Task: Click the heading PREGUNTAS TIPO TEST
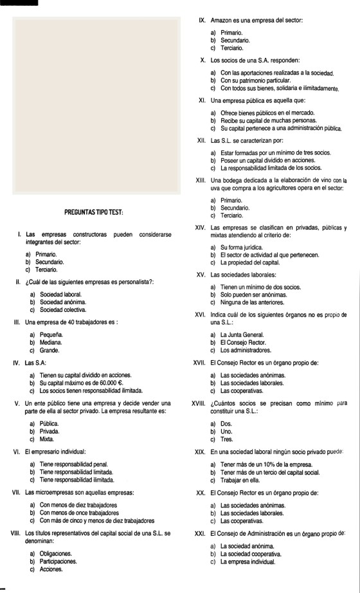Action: pyautogui.click(x=94, y=212)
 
